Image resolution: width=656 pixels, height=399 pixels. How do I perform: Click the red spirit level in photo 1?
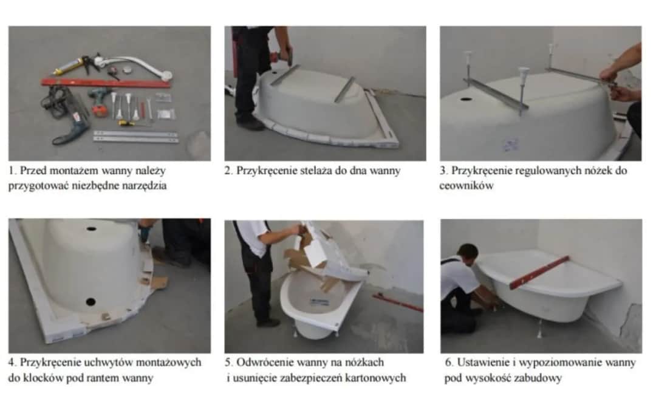(106, 83)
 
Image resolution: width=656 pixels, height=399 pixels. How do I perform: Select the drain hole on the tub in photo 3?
(466, 100)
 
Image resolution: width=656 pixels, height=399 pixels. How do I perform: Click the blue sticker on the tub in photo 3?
(510, 145)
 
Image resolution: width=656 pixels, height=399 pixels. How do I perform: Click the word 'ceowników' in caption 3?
(466, 185)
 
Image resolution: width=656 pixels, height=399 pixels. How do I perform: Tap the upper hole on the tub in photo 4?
(91, 229)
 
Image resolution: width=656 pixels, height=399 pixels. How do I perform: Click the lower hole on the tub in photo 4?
(91, 302)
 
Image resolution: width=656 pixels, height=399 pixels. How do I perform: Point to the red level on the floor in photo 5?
(398, 302)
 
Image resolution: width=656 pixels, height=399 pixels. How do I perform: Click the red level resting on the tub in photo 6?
(539, 272)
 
